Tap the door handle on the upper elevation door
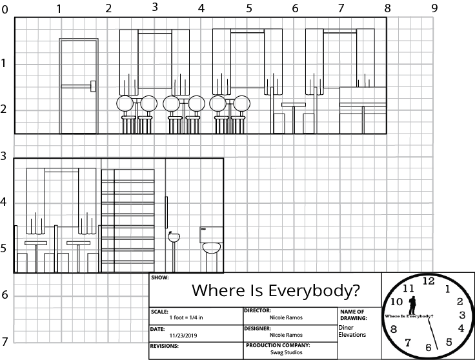tap(94, 85)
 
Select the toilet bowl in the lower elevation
tap(212, 248)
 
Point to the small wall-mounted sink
tap(174, 237)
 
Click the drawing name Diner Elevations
tap(352, 331)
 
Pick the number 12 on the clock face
tap(428, 281)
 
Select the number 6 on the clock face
tap(428, 347)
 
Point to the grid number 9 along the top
tap(434, 8)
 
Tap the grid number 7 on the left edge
tap(5, 341)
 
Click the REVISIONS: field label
tap(164, 346)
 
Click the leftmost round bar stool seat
tap(124, 103)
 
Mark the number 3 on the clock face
tap(461, 315)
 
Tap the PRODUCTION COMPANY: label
tap(278, 345)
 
